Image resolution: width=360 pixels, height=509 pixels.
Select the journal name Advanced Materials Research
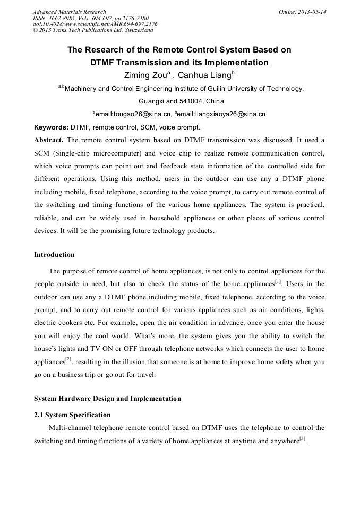69,12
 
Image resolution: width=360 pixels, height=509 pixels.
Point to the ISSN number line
90,18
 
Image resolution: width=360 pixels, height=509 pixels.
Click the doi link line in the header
95,24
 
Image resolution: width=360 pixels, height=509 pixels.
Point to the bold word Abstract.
48,140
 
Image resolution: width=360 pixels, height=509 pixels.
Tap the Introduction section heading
54,255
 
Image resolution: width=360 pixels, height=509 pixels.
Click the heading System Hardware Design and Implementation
107,399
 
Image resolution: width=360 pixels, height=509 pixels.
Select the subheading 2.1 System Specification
72,415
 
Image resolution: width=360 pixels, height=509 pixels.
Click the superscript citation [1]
278,281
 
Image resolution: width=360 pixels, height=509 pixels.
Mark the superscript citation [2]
68,359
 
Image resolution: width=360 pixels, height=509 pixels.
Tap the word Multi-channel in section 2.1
68,427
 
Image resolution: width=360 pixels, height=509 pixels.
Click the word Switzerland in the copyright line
139,30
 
